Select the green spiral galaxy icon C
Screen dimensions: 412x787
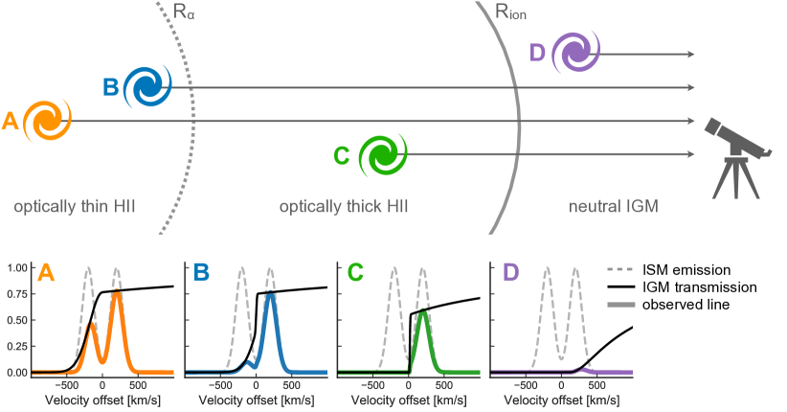pyautogui.click(x=382, y=154)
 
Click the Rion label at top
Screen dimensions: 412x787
pyautogui.click(x=510, y=12)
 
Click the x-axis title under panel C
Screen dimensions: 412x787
pyautogui.click(x=408, y=402)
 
